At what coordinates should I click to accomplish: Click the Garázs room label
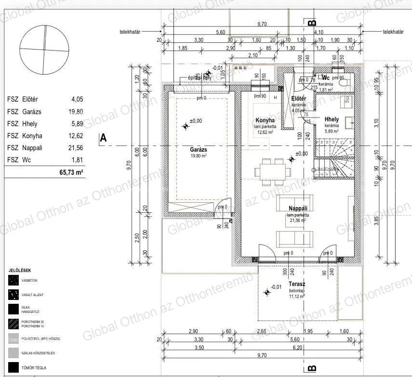click(198, 150)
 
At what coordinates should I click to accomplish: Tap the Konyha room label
click(265, 120)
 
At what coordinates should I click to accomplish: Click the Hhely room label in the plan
click(332, 119)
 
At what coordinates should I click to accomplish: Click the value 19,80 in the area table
click(76, 111)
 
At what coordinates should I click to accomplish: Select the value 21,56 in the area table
click(76, 148)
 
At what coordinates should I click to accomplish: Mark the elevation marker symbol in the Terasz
click(266, 292)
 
